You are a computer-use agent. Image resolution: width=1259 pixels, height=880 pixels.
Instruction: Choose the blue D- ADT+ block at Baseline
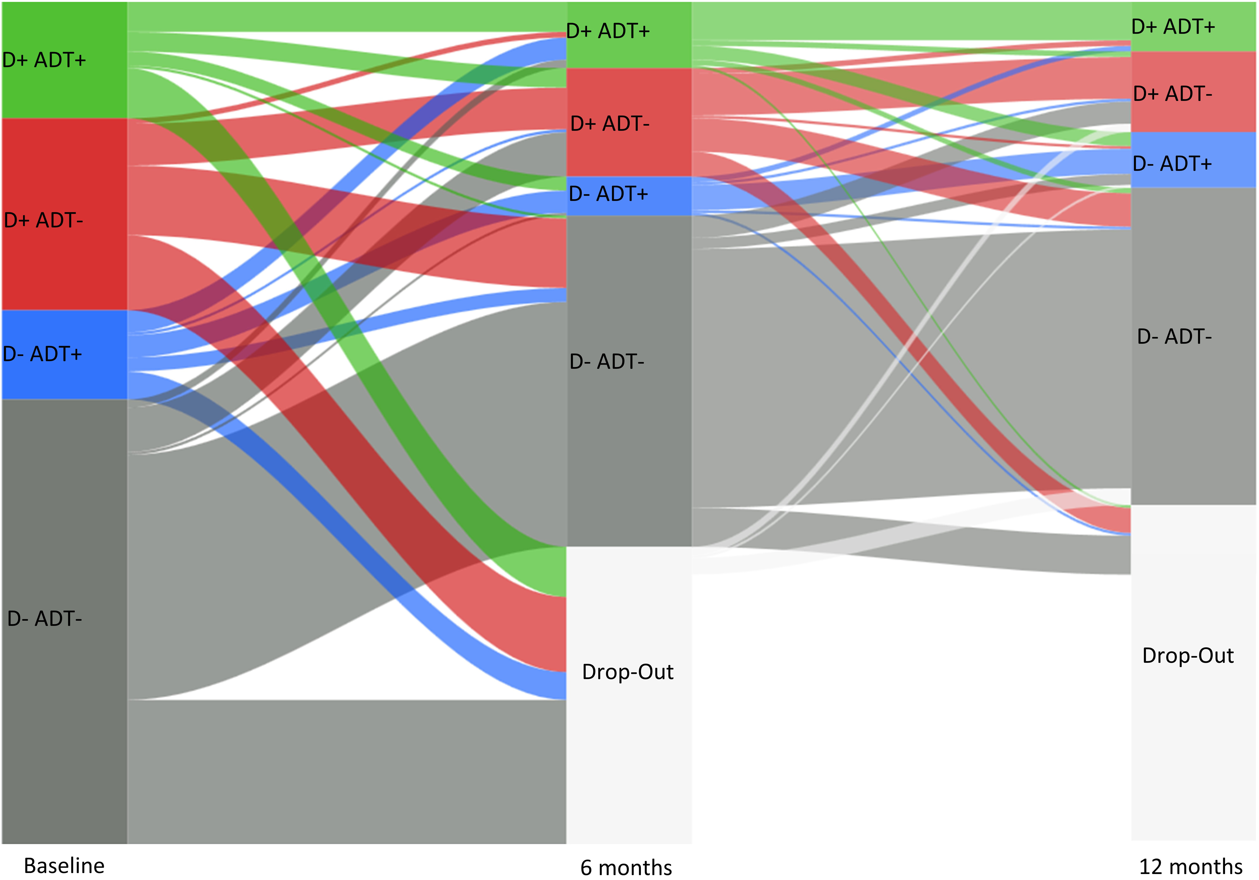click(64, 379)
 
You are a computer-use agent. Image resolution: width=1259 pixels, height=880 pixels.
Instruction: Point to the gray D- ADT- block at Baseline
click(64, 713)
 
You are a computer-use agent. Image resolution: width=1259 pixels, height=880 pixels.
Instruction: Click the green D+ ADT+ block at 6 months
click(629, 52)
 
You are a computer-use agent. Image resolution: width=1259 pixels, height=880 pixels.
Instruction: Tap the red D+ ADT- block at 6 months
click(629, 154)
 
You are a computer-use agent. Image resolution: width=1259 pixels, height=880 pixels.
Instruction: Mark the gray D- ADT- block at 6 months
click(629, 439)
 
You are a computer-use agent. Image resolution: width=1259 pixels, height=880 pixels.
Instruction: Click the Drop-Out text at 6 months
click(628, 671)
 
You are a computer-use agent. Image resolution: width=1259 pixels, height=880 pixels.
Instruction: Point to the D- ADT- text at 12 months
click(1174, 336)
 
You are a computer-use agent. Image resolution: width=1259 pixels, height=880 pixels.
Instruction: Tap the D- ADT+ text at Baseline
click(42, 354)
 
